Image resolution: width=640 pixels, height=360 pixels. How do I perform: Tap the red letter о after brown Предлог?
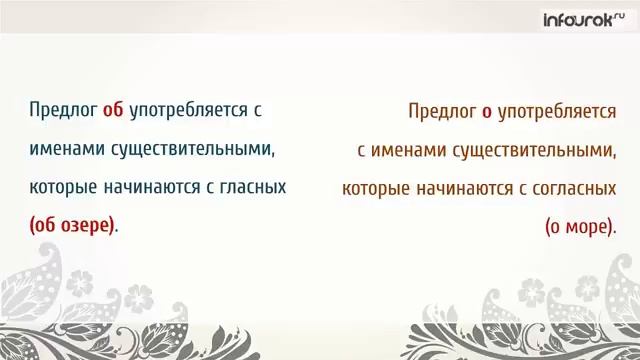(x=486, y=112)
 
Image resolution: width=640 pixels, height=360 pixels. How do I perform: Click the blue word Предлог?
(x=63, y=110)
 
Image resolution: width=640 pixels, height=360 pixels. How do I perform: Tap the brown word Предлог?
(x=443, y=112)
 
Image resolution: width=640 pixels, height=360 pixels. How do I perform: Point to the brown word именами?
(x=407, y=151)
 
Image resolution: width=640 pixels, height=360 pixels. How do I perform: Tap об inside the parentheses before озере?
(x=46, y=225)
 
